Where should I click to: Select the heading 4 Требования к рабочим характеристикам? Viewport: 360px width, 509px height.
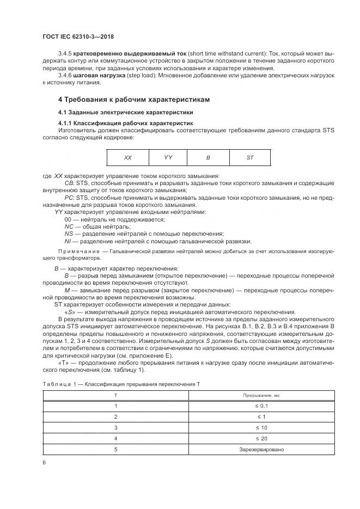[133, 100]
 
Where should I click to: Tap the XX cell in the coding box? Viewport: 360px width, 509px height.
[127, 157]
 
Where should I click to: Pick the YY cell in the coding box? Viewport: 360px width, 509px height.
[168, 157]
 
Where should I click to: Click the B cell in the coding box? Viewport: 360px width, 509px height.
[208, 157]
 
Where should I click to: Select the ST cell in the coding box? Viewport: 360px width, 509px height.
[249, 157]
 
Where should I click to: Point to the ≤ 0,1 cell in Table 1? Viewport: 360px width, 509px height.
[261, 406]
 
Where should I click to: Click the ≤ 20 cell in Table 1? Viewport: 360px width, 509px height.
[261, 438]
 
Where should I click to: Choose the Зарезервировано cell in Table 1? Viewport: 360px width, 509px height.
[261, 450]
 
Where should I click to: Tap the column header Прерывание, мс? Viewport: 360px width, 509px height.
[261, 395]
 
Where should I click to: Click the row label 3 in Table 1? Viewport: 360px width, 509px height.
[115, 427]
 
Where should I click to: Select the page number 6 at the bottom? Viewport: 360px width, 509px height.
[44, 462]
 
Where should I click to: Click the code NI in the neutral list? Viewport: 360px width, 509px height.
[68, 241]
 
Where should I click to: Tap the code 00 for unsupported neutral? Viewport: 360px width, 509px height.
[68, 218]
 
